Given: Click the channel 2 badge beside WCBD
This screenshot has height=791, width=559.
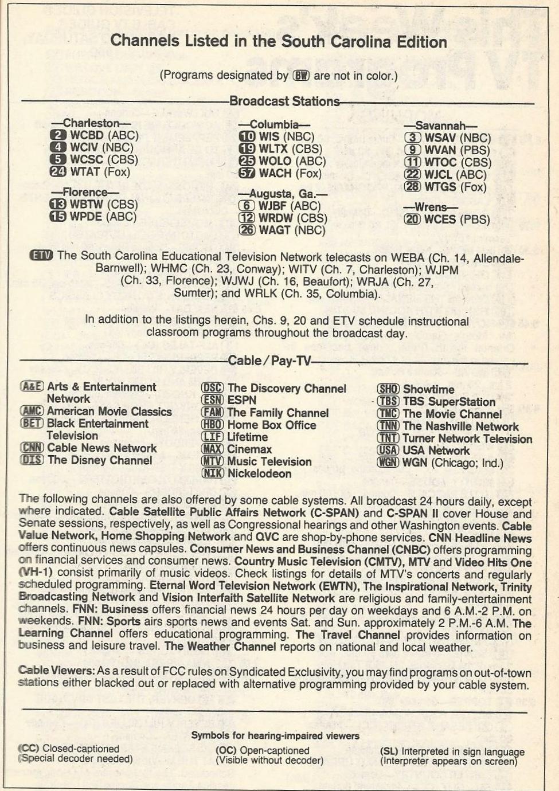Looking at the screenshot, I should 58,135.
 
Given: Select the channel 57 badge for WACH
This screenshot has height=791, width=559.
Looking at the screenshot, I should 247,174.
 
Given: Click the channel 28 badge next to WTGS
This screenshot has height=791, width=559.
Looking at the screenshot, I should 412,187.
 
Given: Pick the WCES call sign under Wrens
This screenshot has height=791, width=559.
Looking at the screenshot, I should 440,220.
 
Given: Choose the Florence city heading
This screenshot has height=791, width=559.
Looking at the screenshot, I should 85,192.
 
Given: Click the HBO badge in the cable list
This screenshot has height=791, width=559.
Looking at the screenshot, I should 212,425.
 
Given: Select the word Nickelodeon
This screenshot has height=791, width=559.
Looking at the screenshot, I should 259,473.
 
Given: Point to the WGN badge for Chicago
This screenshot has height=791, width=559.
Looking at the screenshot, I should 388,462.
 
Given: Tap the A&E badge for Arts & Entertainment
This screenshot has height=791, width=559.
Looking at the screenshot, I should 32,387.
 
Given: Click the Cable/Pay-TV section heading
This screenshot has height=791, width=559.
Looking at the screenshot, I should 269,361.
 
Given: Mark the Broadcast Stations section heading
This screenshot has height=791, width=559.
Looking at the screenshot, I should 284,101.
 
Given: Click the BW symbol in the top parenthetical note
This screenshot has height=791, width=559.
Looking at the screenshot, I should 301,76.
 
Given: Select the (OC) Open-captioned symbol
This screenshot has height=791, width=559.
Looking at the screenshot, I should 226,750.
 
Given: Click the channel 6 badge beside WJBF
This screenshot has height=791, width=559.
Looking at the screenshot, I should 247,206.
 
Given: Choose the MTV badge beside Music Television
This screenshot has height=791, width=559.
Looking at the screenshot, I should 212,461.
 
